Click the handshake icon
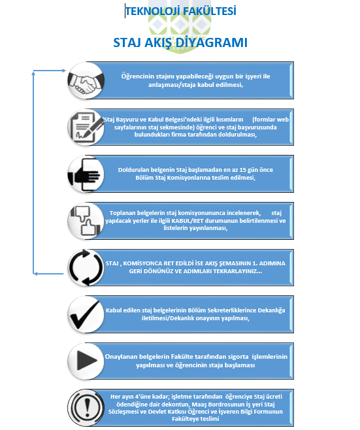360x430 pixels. coord(86,80)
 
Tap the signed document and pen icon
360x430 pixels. coord(86,127)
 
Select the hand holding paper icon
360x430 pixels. coord(86,174)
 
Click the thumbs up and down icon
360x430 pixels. coord(86,221)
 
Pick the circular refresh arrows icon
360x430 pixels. coord(86,268)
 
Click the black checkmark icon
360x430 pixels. coord(86,314)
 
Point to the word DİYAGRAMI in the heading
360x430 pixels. coord(211,42)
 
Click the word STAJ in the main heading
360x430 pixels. coord(127,42)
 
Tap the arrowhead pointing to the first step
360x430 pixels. coord(64,71)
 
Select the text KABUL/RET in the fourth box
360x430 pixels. coord(188,221)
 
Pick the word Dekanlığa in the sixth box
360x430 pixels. coord(271,310)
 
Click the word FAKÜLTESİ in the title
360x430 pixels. coord(210,11)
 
